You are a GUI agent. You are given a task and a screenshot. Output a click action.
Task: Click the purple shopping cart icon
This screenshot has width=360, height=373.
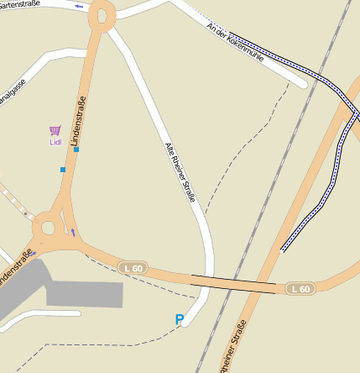55,130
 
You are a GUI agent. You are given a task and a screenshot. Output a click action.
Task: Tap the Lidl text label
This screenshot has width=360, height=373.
55,142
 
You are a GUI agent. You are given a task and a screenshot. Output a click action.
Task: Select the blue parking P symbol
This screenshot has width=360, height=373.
179,319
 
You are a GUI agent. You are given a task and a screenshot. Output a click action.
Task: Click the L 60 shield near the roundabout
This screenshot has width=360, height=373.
133,267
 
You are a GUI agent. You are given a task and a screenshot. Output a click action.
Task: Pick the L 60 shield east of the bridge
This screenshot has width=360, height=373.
300,289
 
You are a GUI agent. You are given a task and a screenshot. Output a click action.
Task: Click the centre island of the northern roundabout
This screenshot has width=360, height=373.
103,14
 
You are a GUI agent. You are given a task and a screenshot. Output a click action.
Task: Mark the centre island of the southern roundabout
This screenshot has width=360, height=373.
47,227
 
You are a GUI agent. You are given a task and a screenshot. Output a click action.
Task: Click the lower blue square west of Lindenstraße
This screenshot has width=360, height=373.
62,169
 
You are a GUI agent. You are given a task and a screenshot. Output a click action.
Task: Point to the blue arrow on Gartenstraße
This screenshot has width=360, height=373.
80,6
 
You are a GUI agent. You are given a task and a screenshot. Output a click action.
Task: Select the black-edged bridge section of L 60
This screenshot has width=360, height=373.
232,284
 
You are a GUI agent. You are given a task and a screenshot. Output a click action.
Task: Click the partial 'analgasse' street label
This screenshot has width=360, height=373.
13,95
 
